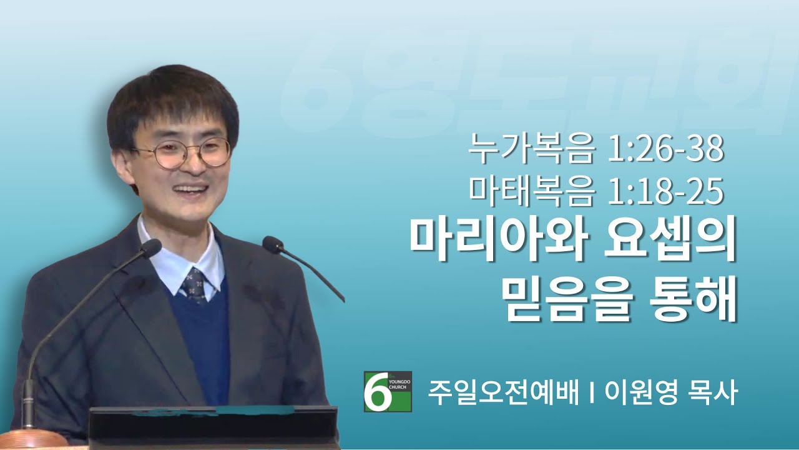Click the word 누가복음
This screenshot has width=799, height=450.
coord(531,149)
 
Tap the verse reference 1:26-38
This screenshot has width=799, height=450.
coord(666,149)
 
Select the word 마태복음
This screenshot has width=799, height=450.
coord(531,192)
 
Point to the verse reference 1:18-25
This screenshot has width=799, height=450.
coord(666,193)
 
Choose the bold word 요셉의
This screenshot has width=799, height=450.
coord(670,244)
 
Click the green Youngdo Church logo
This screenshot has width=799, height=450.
coord(388,391)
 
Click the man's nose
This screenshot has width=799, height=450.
coord(195,165)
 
